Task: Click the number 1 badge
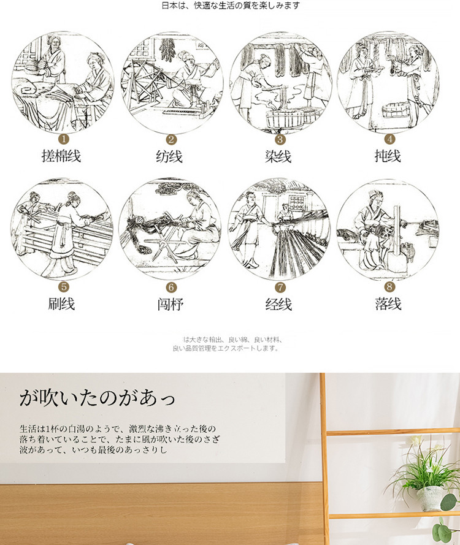coord(64,139)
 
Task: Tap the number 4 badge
coord(389,139)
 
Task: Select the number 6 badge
coord(171,287)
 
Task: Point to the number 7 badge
coord(280,287)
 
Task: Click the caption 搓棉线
coord(61,156)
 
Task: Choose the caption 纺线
coord(169,156)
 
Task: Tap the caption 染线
coord(278,156)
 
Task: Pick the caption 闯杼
coord(170,305)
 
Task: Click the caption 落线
coord(388,304)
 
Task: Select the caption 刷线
coord(61,304)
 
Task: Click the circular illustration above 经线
coord(279,230)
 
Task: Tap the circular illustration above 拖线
coord(388,82)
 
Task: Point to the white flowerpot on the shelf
coord(430,498)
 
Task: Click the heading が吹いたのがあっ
coord(97,398)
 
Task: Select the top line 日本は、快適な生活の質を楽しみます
coord(231,6)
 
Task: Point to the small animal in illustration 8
coord(408,251)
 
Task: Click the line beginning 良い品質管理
coord(226,348)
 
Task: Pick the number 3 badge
coord(280,139)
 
